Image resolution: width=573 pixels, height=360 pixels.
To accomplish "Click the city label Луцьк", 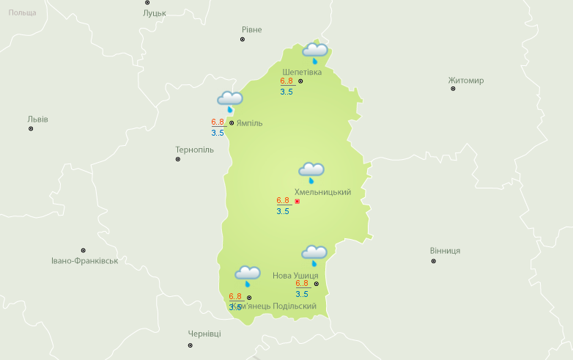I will point(155,13).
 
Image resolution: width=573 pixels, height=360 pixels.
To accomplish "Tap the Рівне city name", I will point(251,29).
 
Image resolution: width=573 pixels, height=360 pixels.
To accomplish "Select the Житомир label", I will point(466,80).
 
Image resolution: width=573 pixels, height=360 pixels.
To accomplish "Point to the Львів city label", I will point(38,119).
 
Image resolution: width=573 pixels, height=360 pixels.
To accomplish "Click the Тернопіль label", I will point(194,150).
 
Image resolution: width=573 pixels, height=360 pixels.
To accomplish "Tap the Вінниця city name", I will point(445,251).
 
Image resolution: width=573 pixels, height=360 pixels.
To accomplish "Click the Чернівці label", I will point(204,334).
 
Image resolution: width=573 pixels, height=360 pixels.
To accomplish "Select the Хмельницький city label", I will point(322,192).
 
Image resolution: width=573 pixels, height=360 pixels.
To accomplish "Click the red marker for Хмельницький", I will point(297,201).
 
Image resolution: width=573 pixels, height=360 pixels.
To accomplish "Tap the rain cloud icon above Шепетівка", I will point(315,51).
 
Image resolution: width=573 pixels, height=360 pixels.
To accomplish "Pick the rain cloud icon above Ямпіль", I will point(229,100).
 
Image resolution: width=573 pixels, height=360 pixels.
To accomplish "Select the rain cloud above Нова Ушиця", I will point(314,254).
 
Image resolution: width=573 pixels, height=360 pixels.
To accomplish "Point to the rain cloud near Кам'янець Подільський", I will point(248,276).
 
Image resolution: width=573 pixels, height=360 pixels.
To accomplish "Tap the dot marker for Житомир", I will point(453,89).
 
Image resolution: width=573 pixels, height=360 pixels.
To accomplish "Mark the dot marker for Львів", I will point(31,128).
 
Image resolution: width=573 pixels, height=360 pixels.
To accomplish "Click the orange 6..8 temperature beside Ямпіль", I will point(218,122).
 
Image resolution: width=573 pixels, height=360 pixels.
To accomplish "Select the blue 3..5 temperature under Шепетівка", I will point(286,92).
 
